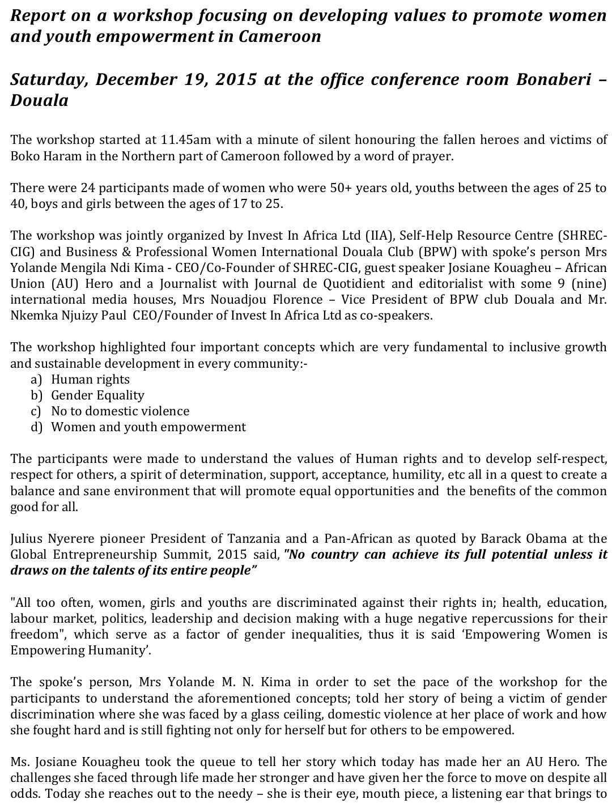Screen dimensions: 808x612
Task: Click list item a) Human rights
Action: coord(90,380)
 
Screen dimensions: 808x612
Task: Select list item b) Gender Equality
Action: coord(97,396)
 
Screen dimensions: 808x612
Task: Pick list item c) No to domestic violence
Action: coord(120,411)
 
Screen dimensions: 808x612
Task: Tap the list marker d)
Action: coord(37,427)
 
